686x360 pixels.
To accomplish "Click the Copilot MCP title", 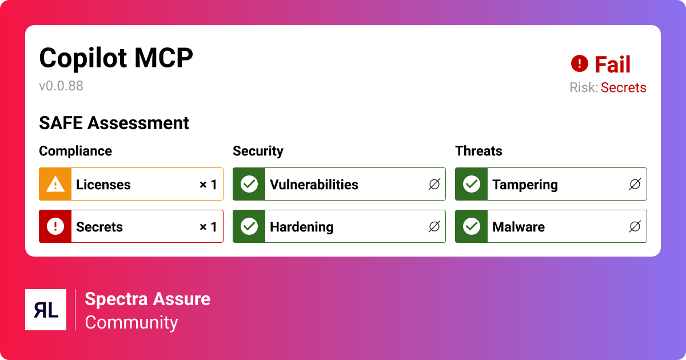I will coord(116,58).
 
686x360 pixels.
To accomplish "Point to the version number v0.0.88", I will coord(61,86).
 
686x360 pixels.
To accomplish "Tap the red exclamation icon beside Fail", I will coord(580,63).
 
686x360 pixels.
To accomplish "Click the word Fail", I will coord(612,65).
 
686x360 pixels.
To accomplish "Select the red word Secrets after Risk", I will coord(623,87).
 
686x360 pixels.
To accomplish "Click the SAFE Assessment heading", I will coord(114,123).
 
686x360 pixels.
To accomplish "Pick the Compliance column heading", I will coord(75,151).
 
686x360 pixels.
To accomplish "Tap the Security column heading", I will coord(258,151).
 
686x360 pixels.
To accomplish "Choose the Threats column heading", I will coord(478,151).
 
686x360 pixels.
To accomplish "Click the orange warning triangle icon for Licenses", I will coord(55,184).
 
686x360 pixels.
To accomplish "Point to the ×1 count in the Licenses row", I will coord(208,185).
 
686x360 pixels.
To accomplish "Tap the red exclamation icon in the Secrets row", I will coord(55,226).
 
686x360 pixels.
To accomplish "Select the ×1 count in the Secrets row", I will coord(208,227).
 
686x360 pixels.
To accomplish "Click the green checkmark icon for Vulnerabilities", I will coord(249,184).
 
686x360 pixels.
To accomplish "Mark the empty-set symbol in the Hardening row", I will coord(434,227).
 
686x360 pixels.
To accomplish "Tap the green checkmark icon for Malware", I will coord(472,226).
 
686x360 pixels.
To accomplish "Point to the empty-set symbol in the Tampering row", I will coord(635,185).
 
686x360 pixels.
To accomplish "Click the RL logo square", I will coord(46,310).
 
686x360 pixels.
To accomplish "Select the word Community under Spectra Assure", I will coord(131,322).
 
